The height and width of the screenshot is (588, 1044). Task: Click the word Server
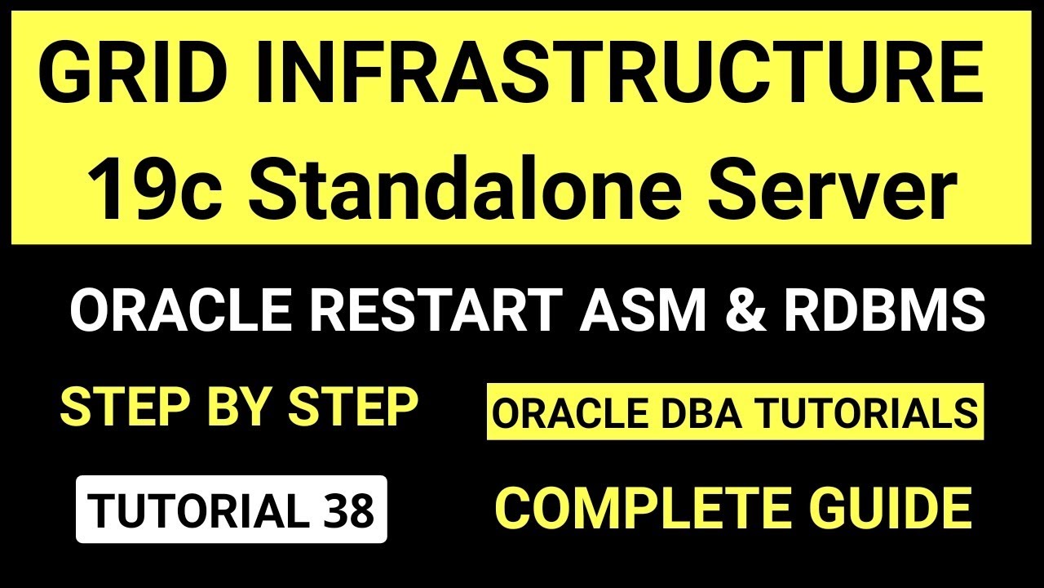tap(833, 189)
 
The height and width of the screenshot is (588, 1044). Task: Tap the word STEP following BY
tap(354, 407)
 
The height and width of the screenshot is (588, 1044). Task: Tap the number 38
tap(350, 510)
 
